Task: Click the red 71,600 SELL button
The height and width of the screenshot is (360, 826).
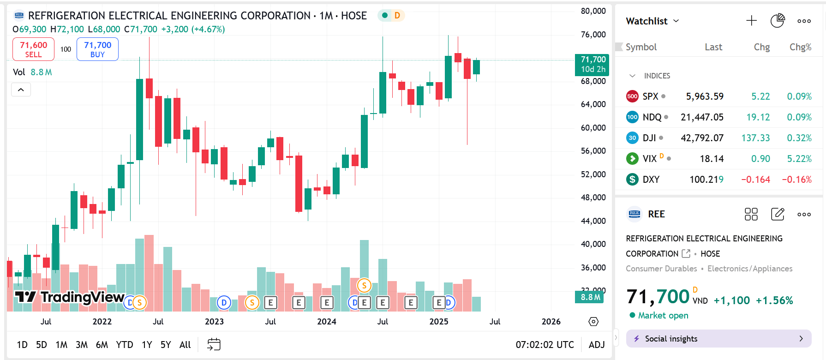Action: coord(33,49)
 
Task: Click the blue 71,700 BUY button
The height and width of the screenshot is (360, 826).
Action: coord(97,49)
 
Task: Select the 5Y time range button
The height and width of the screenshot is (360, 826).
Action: coord(166,345)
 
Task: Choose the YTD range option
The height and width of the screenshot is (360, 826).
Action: coord(125,345)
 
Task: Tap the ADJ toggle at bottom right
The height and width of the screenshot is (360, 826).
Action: coord(597,345)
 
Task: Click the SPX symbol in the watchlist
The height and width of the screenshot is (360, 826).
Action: coord(650,96)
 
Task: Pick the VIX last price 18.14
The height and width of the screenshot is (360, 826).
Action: coord(712,159)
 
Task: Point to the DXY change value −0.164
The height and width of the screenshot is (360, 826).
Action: coord(755,180)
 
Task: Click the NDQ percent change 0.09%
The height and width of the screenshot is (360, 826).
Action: coord(799,117)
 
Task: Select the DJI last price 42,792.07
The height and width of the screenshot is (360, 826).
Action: coord(702,138)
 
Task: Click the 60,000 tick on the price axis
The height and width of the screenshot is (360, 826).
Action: coord(593,128)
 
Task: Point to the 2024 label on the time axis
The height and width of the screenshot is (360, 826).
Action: coord(327,322)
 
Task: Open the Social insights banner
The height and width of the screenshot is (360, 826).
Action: coord(718,339)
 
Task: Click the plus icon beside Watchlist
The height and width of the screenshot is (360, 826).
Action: coord(751,21)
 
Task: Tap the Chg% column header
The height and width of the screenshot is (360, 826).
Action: coord(800,47)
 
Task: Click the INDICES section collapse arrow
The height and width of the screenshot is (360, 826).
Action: coord(633,76)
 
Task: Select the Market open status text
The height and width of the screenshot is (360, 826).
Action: coord(663,315)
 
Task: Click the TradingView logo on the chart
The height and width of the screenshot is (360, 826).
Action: coord(69,297)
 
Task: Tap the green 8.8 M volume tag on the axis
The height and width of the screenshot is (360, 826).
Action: coord(590,297)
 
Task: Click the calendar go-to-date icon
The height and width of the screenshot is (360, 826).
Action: coord(214,344)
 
